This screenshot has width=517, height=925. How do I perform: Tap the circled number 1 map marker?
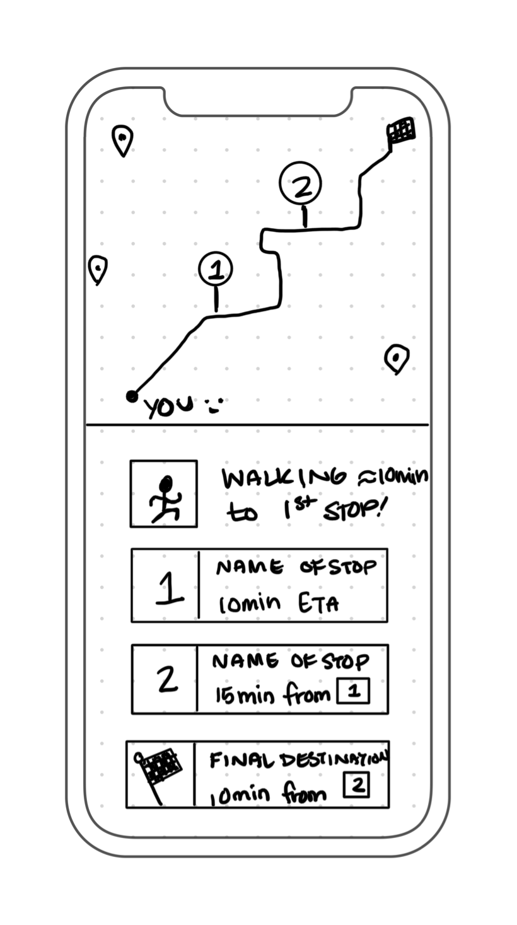[216, 270]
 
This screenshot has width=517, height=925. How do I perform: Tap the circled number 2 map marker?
[301, 184]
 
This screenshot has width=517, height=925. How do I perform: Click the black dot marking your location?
[132, 396]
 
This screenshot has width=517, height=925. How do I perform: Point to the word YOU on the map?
[169, 406]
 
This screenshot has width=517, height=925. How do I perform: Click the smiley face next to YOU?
[214, 405]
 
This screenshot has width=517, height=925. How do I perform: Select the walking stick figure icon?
[164, 494]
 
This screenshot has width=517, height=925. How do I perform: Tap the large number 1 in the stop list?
[168, 587]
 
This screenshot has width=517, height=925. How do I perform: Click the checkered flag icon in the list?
[160, 770]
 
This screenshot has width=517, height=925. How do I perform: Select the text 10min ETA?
[278, 604]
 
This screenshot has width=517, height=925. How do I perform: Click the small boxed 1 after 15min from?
[354, 692]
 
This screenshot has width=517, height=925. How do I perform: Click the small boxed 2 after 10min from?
[357, 786]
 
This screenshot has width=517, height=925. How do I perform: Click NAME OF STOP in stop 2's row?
[291, 662]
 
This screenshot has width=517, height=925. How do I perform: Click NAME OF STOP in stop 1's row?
[296, 567]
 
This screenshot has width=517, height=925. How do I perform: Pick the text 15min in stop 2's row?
[242, 696]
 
